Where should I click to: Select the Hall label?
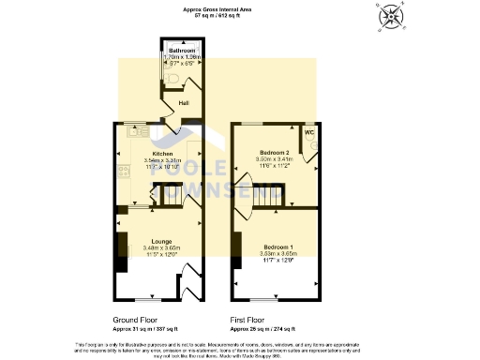[186, 102]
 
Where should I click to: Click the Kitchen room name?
[163, 153]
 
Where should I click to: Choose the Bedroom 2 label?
[275, 152]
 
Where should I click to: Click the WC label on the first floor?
[308, 134]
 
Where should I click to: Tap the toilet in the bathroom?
[172, 80]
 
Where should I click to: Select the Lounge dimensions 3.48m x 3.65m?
[163, 247]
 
